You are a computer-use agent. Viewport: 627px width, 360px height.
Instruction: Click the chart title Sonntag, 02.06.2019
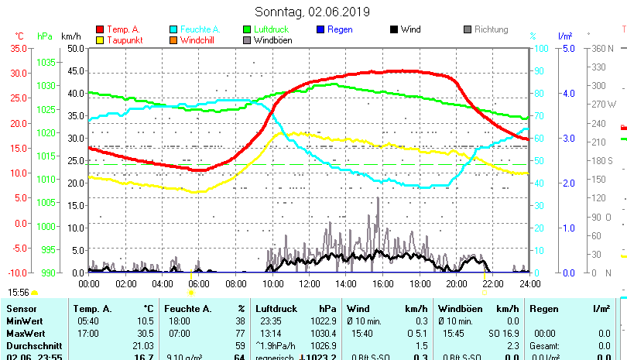pos(313,12)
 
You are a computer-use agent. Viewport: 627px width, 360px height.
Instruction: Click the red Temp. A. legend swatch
pos(100,29)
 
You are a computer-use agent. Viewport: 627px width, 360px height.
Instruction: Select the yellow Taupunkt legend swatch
pos(100,39)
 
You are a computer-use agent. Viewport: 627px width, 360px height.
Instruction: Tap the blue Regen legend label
pos(340,29)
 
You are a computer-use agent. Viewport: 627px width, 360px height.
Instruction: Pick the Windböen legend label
pos(272,39)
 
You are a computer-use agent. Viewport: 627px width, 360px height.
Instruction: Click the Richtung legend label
pos(491,29)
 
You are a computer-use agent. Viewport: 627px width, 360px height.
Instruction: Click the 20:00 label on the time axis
pos(457,283)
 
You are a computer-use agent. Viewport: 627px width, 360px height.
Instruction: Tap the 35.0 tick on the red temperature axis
pos(17,48)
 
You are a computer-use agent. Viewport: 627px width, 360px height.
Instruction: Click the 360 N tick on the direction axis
pos(601,48)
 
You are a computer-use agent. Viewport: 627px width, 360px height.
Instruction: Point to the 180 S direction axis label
pos(601,160)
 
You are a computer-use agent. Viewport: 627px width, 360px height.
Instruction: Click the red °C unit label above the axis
pos(19,36)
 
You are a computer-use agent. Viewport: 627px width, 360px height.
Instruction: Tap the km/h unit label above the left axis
pos(70,36)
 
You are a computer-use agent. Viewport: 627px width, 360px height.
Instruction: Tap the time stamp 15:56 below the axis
pos(19,292)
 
